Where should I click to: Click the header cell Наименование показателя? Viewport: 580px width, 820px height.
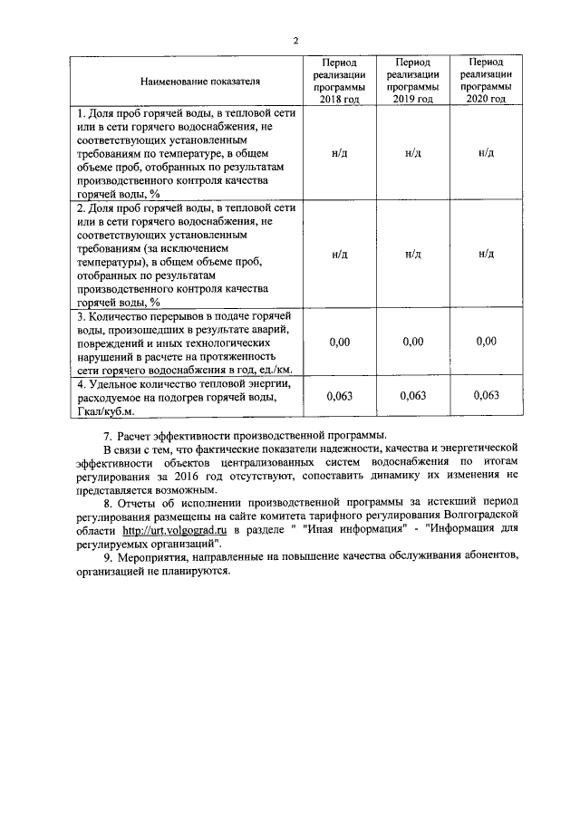click(200, 81)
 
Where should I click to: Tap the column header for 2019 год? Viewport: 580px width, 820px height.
click(412, 80)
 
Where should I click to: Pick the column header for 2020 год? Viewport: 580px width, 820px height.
click(486, 80)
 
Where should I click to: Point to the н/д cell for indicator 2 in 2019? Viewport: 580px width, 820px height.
click(412, 255)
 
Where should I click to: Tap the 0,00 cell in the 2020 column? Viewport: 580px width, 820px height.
click(487, 342)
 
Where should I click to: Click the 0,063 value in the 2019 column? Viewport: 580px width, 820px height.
click(413, 396)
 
